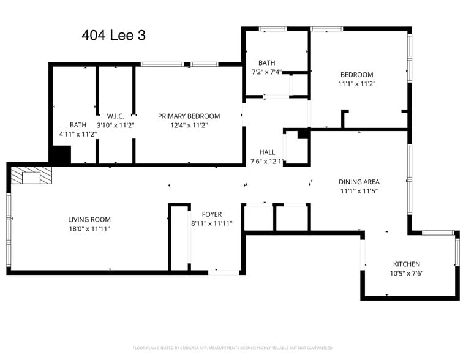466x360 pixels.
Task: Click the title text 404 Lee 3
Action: click(x=113, y=36)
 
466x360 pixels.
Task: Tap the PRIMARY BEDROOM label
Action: click(x=189, y=116)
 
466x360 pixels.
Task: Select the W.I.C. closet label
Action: click(x=116, y=116)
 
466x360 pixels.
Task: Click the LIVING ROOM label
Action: click(x=89, y=219)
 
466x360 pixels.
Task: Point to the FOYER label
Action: click(x=211, y=214)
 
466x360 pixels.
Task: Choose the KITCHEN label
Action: click(x=407, y=264)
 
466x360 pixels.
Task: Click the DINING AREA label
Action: click(x=359, y=182)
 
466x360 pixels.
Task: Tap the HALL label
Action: click(x=267, y=152)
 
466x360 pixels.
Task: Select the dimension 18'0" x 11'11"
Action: click(x=89, y=228)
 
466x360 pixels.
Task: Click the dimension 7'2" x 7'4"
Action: click(x=266, y=72)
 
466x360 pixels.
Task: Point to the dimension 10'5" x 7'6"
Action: click(x=407, y=273)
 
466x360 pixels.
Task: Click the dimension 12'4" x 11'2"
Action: click(x=189, y=125)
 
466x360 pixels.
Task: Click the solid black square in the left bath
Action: click(x=60, y=154)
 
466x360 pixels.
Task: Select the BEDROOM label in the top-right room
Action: click(x=356, y=75)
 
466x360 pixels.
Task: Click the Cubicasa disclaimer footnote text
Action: click(x=233, y=348)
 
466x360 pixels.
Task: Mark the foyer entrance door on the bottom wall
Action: click(x=224, y=271)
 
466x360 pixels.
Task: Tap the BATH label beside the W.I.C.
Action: click(x=78, y=125)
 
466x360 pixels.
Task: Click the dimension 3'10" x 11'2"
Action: click(x=116, y=125)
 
